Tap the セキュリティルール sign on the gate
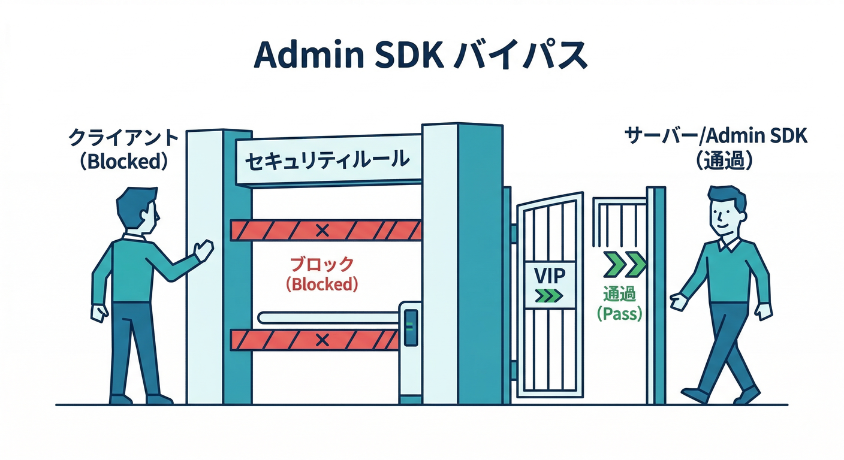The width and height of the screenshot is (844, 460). pos(327,161)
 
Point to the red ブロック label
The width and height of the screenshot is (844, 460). pos(322,264)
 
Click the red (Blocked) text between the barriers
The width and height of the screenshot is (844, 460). pos(322,285)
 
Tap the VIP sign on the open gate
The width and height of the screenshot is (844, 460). pos(550,276)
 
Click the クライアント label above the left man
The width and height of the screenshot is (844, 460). pos(123,139)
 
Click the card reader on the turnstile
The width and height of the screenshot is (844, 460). pos(411,326)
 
